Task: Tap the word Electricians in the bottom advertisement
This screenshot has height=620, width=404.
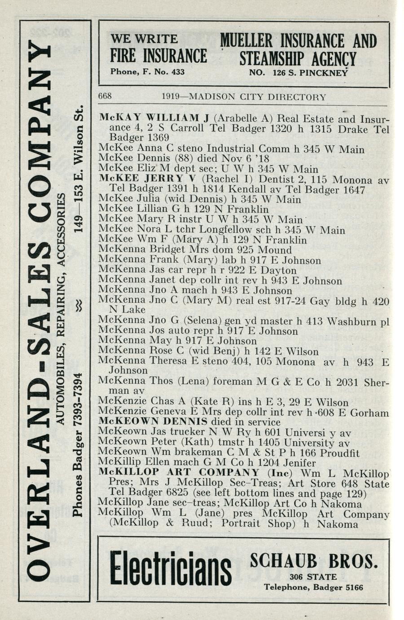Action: pyautogui.click(x=170, y=568)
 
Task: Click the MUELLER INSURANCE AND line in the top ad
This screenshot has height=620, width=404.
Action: pyautogui.click(x=299, y=41)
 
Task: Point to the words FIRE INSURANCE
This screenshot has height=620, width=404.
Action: pyautogui.click(x=158, y=56)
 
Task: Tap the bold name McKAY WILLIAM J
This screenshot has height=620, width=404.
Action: pyautogui.click(x=154, y=119)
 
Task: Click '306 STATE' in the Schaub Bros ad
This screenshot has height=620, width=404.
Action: pyautogui.click(x=313, y=577)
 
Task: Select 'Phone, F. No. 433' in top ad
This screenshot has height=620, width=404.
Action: pyautogui.click(x=147, y=71)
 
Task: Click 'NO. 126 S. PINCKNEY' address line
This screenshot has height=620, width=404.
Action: pyautogui.click(x=299, y=71)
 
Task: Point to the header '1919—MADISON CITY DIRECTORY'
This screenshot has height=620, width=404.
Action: pyautogui.click(x=244, y=97)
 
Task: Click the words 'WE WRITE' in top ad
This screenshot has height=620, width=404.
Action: pyautogui.click(x=144, y=39)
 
